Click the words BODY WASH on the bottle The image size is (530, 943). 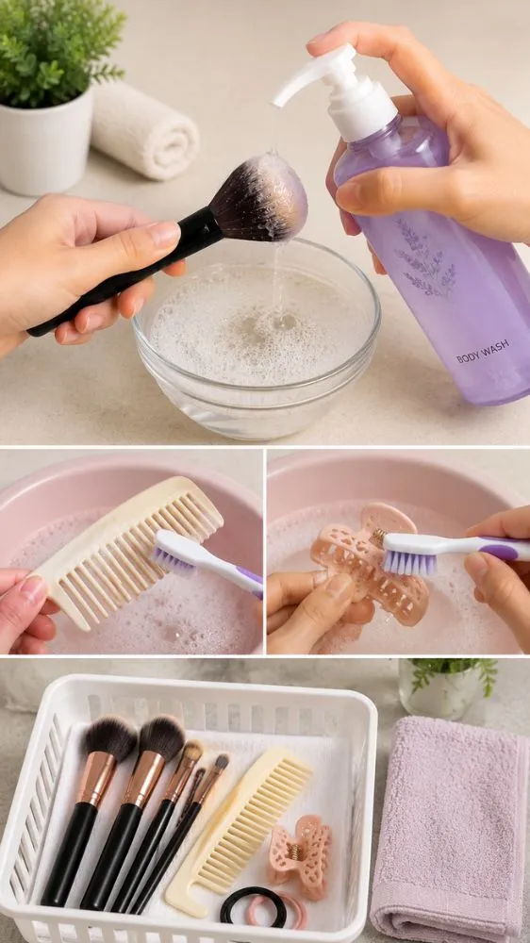(483, 352)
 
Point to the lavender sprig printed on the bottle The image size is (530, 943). (426, 257)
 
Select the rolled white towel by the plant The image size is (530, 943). (143, 130)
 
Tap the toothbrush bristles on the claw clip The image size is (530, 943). (409, 562)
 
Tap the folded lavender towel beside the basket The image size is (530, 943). (449, 830)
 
